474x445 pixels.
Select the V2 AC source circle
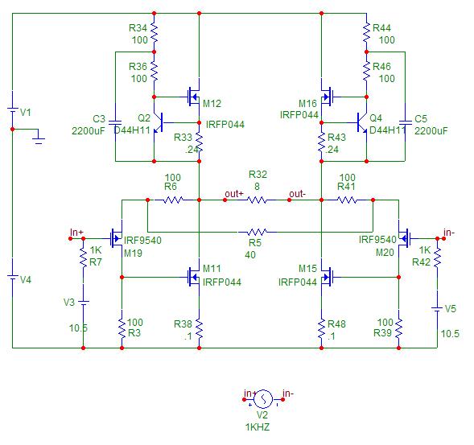point(263,399)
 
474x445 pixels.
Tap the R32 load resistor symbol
point(257,200)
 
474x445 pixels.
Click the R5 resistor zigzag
point(257,233)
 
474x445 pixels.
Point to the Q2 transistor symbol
point(158,123)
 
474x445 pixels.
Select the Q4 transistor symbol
point(362,123)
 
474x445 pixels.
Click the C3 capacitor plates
point(115,122)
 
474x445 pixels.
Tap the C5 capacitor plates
point(405,122)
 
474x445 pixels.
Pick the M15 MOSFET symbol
point(327,277)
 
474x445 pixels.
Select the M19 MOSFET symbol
point(117,238)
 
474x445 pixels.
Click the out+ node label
point(234,194)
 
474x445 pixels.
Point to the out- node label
point(297,194)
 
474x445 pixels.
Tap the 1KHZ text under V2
point(258,427)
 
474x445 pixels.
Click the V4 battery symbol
point(12,277)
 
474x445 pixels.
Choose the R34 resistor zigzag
point(154,33)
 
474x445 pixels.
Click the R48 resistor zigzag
point(321,328)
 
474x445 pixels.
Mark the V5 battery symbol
point(437,309)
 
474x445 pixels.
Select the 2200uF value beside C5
point(431,131)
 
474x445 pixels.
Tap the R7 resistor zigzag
point(83,258)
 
